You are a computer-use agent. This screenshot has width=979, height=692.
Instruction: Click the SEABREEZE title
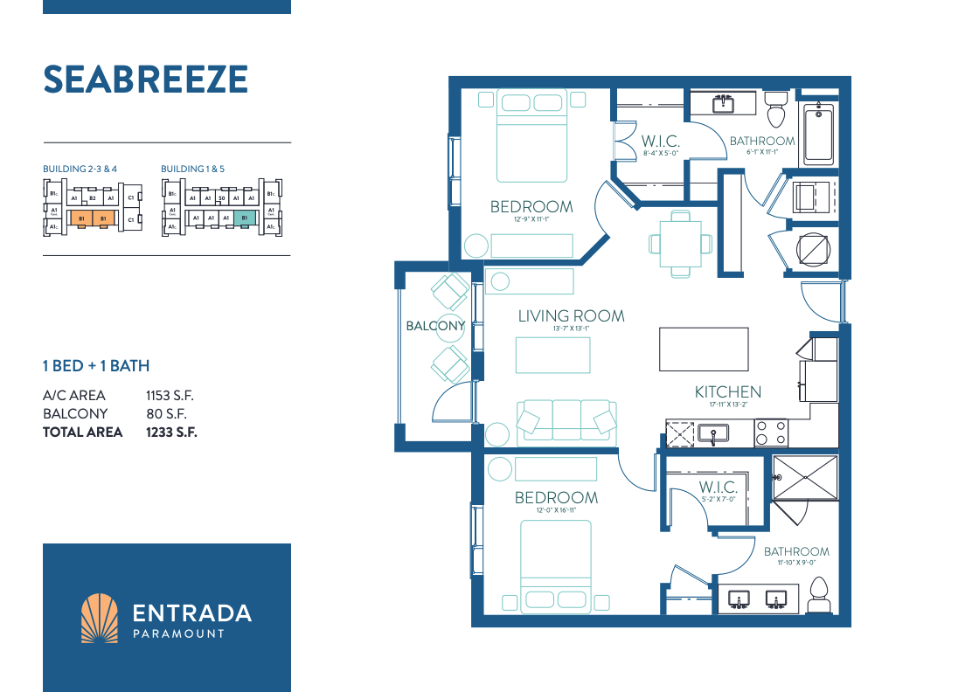coord(146,80)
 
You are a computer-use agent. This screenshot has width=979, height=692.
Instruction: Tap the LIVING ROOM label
coord(571,315)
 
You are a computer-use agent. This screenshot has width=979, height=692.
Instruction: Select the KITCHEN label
coord(727,392)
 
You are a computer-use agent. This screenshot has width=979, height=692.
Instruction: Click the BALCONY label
coord(435,326)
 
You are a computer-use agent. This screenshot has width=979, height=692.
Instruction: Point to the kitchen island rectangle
coord(704,348)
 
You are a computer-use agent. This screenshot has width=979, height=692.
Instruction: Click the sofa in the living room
coord(566,421)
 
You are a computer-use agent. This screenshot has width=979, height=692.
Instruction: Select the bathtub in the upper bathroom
coord(818,133)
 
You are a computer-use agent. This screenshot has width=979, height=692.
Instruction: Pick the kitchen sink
coord(713,432)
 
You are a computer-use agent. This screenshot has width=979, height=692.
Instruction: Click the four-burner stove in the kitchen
coord(771,432)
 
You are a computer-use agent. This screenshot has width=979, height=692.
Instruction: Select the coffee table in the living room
coord(552,355)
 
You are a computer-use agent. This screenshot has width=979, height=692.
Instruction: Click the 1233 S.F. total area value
coord(171,432)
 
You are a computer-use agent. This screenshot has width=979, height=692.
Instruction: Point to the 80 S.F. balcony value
coord(166,414)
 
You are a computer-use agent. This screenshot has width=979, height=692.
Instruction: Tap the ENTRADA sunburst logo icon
coord(99,618)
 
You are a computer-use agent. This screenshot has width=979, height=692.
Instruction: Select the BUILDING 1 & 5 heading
coord(193,169)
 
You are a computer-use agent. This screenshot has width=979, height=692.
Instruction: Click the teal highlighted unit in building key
coord(245,218)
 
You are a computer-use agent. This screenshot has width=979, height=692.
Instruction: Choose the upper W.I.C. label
coord(660,141)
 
